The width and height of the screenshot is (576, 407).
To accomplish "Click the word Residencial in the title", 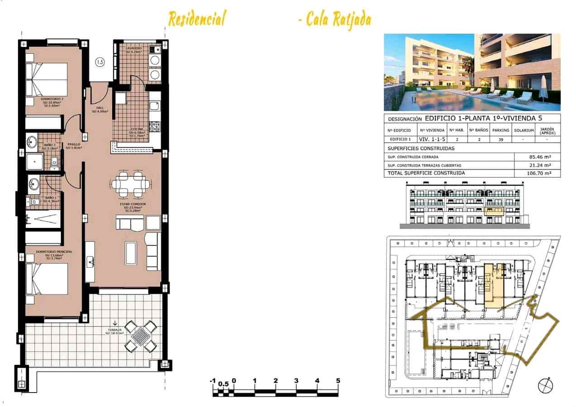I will pyautogui.click(x=197, y=19).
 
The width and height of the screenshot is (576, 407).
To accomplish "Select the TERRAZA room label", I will pyautogui.click(x=115, y=331).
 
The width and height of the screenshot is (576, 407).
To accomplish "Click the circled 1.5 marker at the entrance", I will pyautogui.click(x=100, y=62).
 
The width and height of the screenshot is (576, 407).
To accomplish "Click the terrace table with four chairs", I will pyautogui.click(x=141, y=336).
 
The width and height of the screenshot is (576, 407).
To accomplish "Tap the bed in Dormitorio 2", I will pyautogui.click(x=47, y=79).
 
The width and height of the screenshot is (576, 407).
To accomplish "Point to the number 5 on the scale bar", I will pyautogui.click(x=338, y=381).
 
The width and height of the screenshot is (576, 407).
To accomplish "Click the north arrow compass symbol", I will pyautogui.click(x=545, y=385).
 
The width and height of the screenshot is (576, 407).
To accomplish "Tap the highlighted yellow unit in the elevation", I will pyautogui.click(x=495, y=211).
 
